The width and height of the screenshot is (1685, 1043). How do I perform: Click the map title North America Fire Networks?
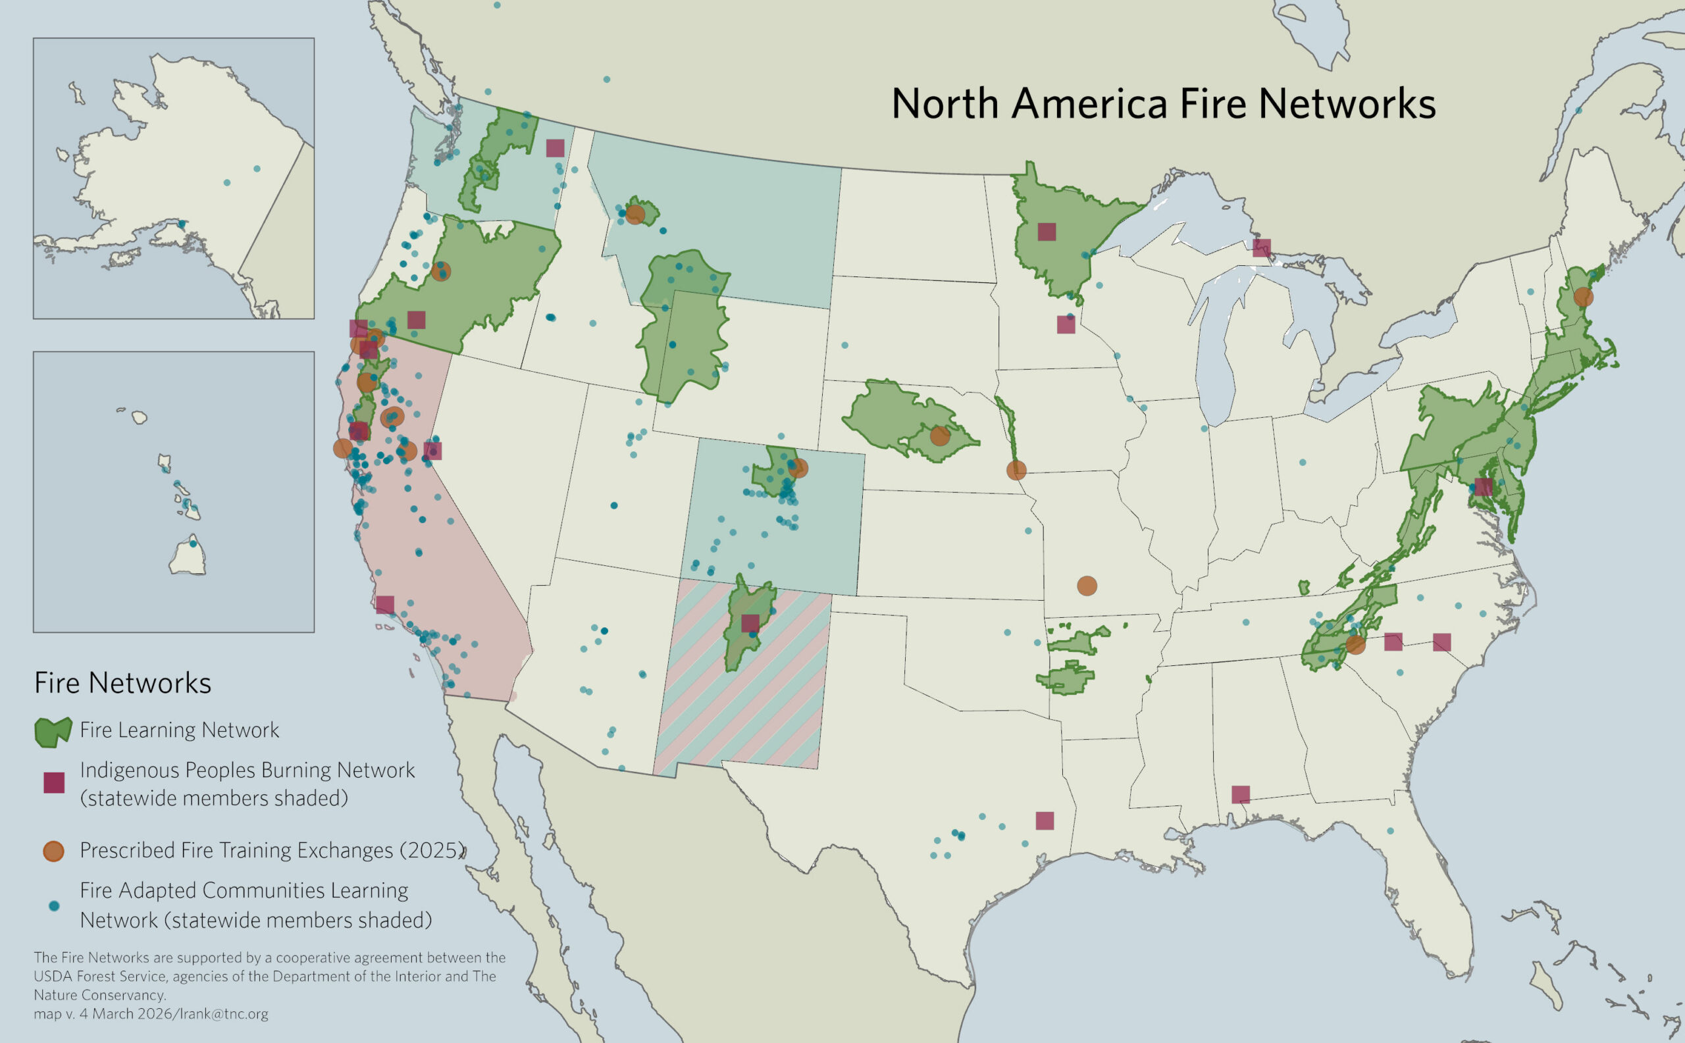(x=1163, y=104)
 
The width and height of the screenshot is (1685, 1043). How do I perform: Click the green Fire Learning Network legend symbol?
(x=53, y=731)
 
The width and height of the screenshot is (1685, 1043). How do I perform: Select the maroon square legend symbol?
(x=54, y=782)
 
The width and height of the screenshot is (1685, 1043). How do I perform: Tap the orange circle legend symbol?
(x=54, y=851)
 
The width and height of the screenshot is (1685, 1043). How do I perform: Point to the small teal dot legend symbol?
(x=55, y=905)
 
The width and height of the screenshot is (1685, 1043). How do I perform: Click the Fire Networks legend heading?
(x=123, y=683)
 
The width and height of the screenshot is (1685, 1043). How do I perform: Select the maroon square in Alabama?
(x=1241, y=795)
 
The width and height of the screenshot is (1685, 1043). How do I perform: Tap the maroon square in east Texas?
(x=1045, y=820)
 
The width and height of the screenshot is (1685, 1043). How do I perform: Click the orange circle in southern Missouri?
(x=1087, y=586)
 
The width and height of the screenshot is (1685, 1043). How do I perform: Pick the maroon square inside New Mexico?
(x=750, y=623)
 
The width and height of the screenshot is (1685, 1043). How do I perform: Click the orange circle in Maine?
(x=1584, y=297)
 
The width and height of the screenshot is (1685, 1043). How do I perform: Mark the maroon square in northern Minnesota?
(x=1047, y=232)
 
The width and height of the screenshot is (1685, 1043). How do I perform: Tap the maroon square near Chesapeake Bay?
(x=1484, y=486)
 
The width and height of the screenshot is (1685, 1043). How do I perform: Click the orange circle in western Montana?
(x=635, y=215)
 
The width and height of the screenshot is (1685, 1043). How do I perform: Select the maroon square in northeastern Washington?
(x=555, y=148)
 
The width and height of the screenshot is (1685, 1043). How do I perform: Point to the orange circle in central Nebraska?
(x=940, y=436)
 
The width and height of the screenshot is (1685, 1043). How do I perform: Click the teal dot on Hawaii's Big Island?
(x=194, y=544)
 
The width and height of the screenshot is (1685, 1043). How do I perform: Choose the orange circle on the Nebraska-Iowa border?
(x=1016, y=471)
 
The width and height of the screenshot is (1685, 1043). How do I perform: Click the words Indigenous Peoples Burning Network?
(x=247, y=770)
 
